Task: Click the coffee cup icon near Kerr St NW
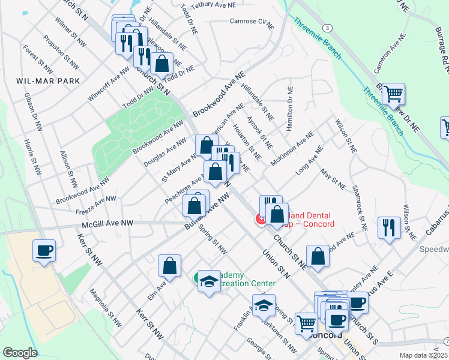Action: pos(44,250)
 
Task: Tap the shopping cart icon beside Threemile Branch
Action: pos(393,94)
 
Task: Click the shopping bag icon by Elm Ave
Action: pos(170,266)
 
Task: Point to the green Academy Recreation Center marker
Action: pos(198,278)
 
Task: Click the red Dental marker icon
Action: pos(261,220)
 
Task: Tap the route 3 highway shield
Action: pos(327,28)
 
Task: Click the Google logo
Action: pos(20,353)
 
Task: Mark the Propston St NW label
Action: pos(57,47)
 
